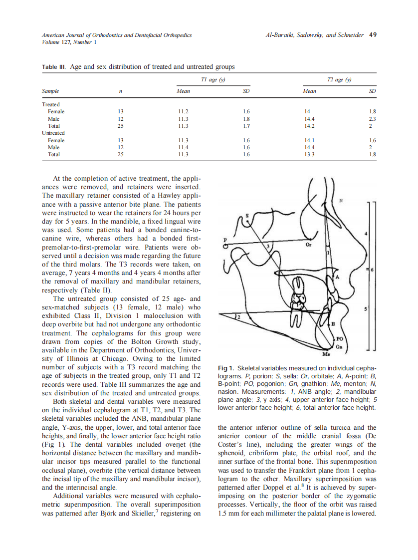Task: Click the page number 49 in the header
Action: pyautogui.click(x=373, y=35)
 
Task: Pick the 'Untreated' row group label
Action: pyautogui.click(x=53, y=133)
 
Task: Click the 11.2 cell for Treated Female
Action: pyautogui.click(x=183, y=112)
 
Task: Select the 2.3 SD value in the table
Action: pyautogui.click(x=372, y=119)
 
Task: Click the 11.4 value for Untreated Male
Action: pyautogui.click(x=183, y=148)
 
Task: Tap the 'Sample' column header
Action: pyautogui.click(x=50, y=91)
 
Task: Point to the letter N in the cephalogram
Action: pyautogui.click(x=341, y=201)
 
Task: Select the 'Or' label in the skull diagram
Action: pyautogui.click(x=308, y=245)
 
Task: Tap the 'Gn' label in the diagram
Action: pyautogui.click(x=339, y=346)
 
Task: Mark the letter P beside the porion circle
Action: pyautogui.click(x=225, y=240)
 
